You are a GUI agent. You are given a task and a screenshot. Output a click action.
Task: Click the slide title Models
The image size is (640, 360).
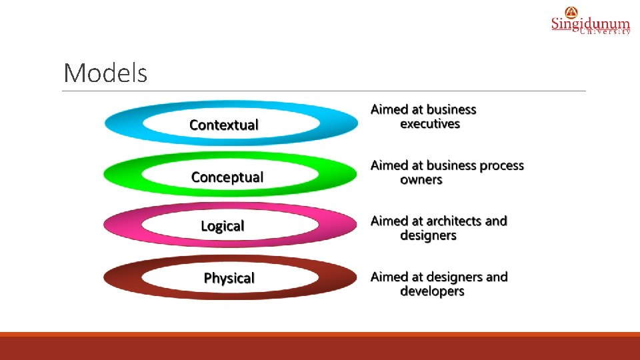point(105,73)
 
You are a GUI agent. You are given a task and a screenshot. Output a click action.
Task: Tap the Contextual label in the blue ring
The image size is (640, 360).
point(224,125)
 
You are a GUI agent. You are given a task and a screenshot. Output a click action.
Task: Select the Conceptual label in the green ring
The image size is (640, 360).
point(227,177)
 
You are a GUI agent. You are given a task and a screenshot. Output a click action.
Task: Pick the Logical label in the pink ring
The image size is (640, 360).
point(223,226)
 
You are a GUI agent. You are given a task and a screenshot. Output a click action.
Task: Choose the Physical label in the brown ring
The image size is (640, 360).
point(229,278)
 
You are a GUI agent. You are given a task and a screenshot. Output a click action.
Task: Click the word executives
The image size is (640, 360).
point(430,124)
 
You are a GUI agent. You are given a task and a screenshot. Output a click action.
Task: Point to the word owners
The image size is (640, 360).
point(421,180)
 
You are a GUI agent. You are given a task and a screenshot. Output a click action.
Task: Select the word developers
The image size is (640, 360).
point(432,291)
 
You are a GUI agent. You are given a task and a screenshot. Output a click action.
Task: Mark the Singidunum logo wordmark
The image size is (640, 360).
point(590,24)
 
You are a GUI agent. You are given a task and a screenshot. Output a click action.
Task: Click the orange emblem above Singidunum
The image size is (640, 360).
point(571,11)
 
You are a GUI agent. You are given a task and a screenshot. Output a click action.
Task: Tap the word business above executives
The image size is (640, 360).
point(451,109)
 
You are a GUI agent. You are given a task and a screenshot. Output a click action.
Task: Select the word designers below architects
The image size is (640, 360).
point(428,236)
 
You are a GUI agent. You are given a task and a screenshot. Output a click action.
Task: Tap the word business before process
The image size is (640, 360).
point(451,165)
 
